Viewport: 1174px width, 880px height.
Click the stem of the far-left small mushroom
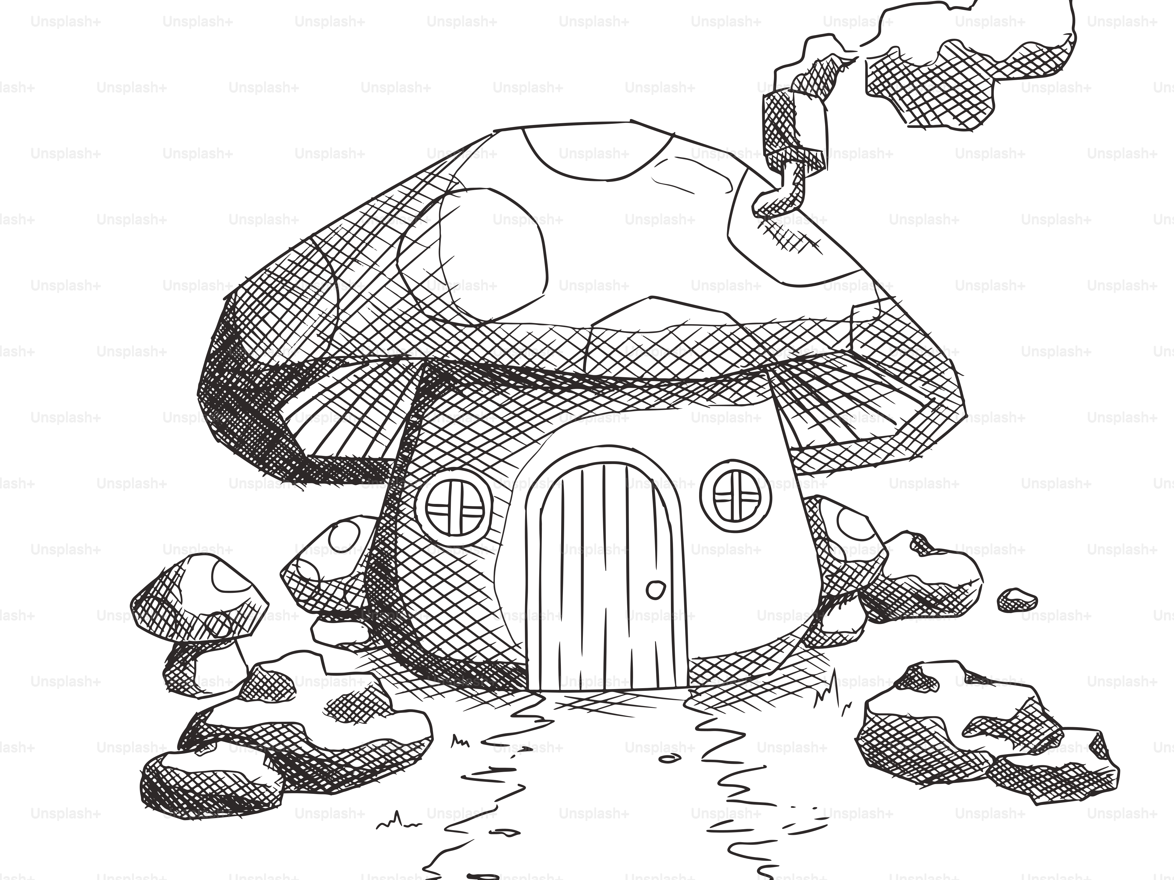tap(204, 667)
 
